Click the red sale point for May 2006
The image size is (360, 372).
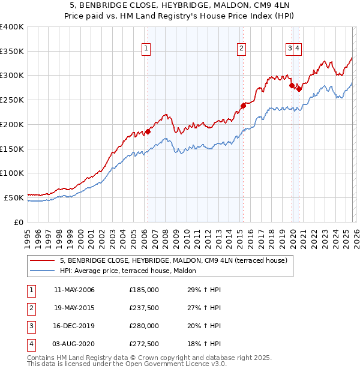tap(148, 131)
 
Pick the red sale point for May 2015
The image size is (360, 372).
tap(243, 106)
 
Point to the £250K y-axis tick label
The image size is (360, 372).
tap(12, 100)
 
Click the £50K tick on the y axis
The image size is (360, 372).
tap(14, 197)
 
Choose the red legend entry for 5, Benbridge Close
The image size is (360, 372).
tap(174, 260)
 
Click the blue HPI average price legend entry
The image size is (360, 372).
tap(132, 271)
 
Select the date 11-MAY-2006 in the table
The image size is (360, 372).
tap(74, 290)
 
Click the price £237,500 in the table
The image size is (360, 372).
tap(143, 308)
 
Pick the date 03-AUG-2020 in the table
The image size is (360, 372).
tap(74, 345)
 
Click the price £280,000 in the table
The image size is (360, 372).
tap(143, 327)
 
